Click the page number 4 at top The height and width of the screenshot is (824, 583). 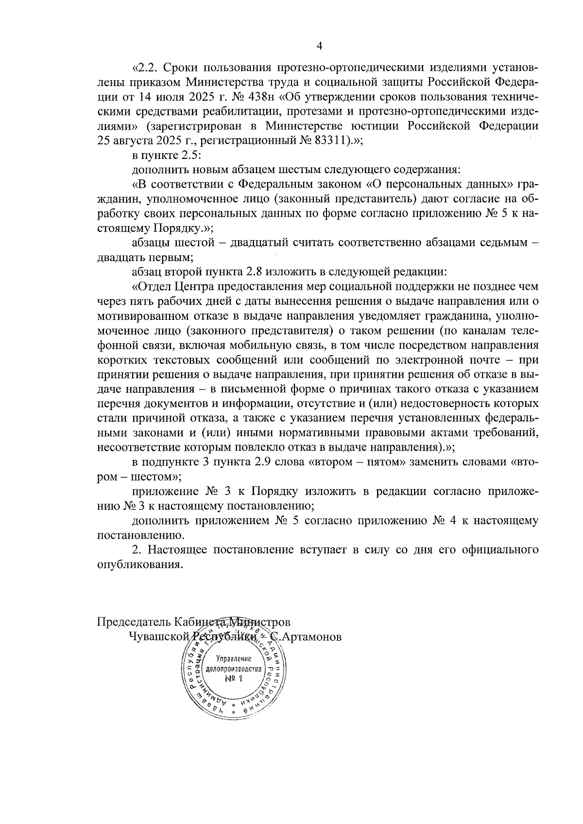tap(319, 47)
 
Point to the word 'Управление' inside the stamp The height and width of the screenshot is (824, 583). tap(233, 659)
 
